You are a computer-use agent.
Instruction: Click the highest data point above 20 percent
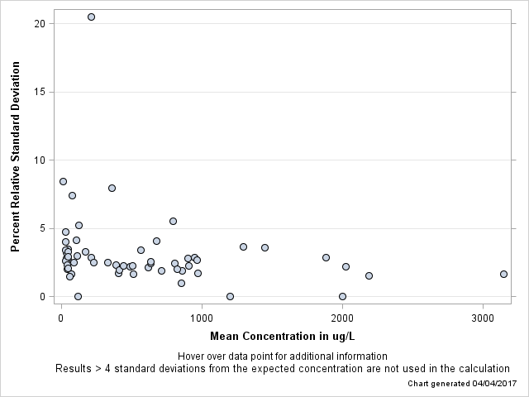point(91,17)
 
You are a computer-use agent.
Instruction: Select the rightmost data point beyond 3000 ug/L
point(503,274)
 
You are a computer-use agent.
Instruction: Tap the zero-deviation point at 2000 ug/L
point(342,296)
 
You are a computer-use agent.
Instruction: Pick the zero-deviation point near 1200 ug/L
point(230,296)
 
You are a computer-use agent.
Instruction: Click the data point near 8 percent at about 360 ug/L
point(112,188)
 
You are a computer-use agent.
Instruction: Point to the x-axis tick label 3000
point(483,318)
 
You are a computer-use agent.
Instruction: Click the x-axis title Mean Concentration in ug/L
point(282,336)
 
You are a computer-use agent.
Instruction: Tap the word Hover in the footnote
point(193,356)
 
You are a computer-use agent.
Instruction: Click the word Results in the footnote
point(74,369)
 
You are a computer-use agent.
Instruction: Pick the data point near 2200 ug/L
point(369,275)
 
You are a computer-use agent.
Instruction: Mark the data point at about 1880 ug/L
point(326,257)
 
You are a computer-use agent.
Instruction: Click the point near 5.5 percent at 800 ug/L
point(173,221)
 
